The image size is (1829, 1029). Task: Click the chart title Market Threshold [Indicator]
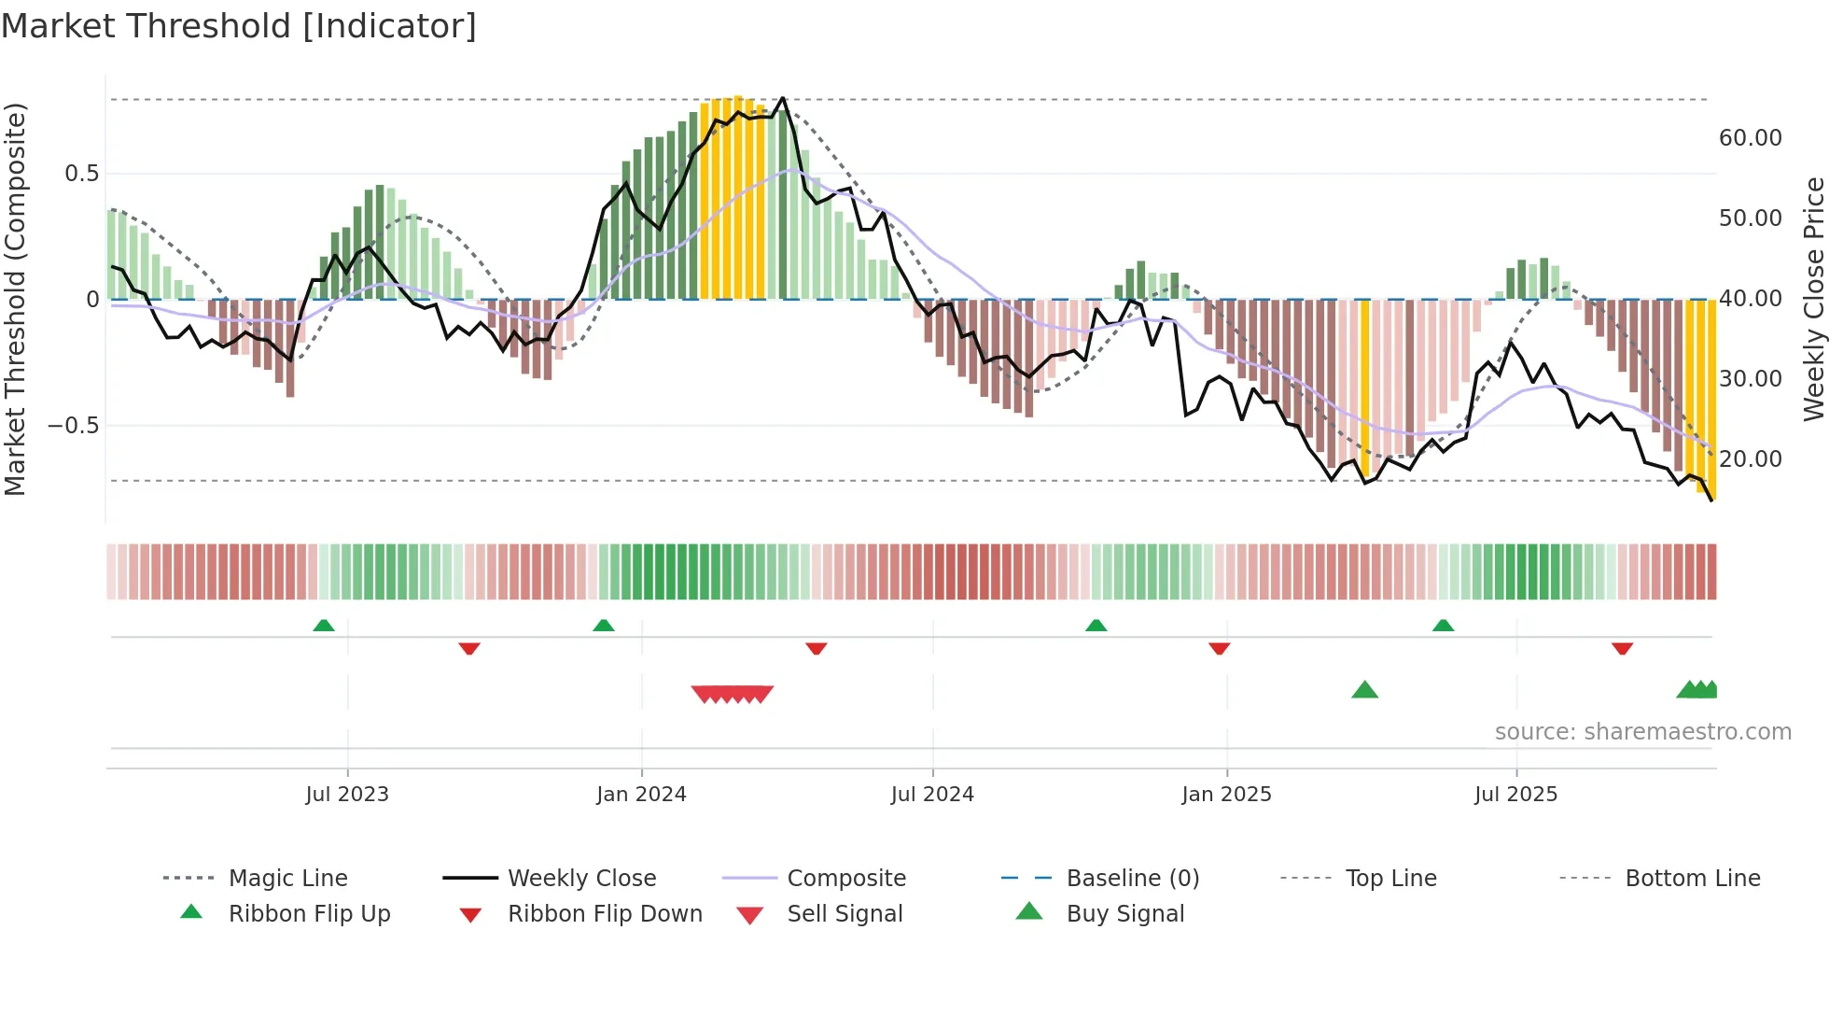pos(239,26)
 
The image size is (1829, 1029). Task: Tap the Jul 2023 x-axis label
pos(347,794)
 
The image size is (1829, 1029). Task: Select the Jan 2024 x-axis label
pos(641,794)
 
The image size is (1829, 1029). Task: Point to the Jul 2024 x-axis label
pos(932,794)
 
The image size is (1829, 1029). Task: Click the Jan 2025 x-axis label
pos(1226,794)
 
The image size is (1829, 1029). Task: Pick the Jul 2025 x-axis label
pos(1515,794)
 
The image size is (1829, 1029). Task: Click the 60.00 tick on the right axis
pos(1750,138)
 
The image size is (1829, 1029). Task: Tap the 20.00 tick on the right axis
pos(1750,459)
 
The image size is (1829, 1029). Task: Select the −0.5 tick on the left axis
pos(73,426)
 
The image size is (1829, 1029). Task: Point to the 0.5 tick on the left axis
pos(81,174)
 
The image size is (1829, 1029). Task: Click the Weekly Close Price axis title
pos(1813,299)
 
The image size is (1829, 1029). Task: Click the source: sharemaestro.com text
pos(1642,731)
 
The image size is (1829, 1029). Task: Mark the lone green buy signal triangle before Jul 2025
pos(1364,690)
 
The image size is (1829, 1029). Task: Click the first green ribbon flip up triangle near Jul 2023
pos(324,625)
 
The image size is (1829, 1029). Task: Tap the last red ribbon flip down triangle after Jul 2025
pos(1622,648)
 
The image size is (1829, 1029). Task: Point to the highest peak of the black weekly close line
pos(783,98)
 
